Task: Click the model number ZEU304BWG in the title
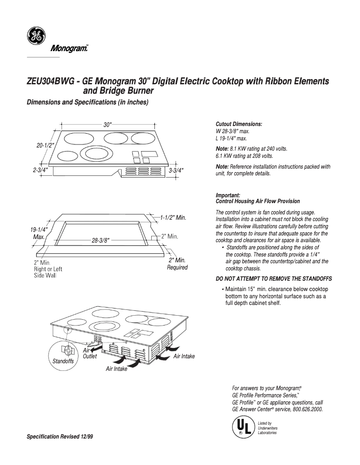[x=50, y=82]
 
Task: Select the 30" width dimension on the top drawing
[x=107, y=125]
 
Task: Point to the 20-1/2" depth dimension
[x=45, y=145]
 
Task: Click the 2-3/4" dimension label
[x=40, y=171]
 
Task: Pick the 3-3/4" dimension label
[x=176, y=171]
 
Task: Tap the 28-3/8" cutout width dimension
[x=101, y=240]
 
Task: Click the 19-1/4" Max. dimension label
[x=39, y=233]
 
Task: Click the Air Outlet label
[x=90, y=353]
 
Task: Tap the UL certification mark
[x=241, y=426]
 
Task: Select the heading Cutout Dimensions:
[x=239, y=124]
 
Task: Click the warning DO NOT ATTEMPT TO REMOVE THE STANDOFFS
[x=274, y=278]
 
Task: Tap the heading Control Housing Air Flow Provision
[x=258, y=201]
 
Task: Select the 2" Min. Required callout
[x=177, y=264]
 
